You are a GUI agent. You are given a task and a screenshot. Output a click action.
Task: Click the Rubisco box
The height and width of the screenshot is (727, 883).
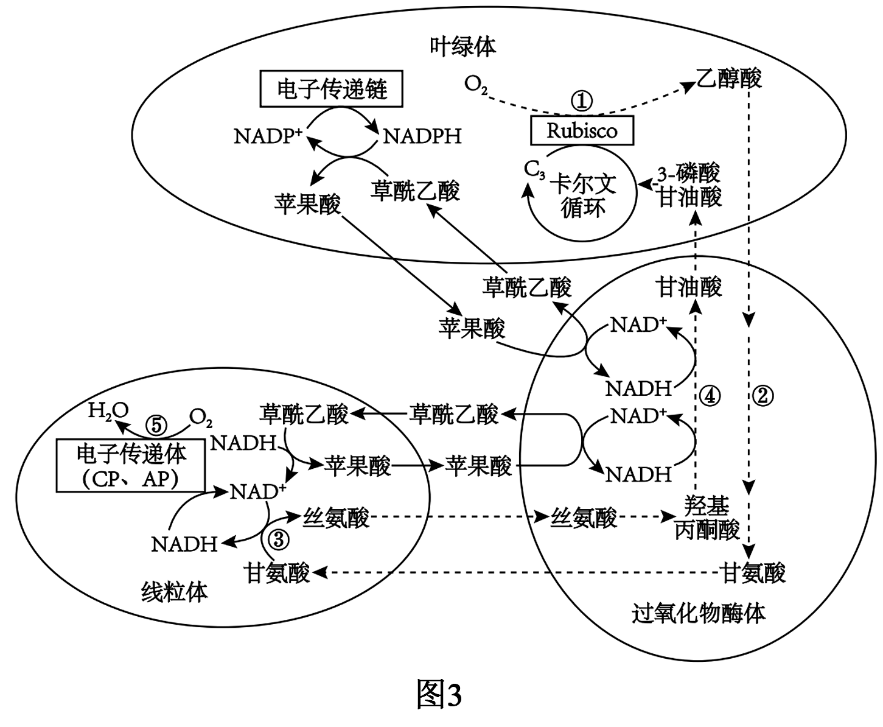click(582, 130)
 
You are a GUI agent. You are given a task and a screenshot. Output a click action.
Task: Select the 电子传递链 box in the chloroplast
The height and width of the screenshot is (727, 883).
click(332, 90)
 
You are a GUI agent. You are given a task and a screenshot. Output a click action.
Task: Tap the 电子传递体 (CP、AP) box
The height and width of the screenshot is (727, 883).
click(130, 466)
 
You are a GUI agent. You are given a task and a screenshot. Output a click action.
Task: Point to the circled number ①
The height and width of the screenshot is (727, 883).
click(582, 100)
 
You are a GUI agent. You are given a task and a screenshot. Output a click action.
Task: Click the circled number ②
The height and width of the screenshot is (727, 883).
click(763, 396)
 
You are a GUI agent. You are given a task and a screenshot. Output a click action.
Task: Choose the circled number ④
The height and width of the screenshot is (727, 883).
click(710, 396)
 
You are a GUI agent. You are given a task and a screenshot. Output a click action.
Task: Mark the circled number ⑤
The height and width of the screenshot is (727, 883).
click(156, 424)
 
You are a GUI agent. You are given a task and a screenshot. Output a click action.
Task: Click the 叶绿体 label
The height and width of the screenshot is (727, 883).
click(462, 46)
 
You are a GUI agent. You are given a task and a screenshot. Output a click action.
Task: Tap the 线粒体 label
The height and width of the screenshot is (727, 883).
click(174, 591)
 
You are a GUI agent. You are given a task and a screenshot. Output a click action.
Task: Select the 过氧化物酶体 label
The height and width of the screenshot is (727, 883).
click(698, 613)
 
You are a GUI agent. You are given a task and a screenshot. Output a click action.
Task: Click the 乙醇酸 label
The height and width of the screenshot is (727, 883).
click(728, 78)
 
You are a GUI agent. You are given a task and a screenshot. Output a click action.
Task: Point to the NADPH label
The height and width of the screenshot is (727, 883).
click(422, 136)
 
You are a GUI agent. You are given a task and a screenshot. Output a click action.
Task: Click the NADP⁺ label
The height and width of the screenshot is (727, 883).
click(268, 136)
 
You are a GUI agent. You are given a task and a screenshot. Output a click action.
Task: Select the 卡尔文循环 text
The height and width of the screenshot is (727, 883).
click(582, 196)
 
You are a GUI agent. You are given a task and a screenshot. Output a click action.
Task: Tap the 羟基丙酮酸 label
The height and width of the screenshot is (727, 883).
click(707, 518)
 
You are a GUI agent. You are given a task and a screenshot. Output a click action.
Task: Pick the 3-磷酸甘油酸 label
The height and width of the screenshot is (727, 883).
click(689, 184)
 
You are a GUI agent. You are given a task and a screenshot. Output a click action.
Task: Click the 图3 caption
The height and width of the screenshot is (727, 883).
click(439, 695)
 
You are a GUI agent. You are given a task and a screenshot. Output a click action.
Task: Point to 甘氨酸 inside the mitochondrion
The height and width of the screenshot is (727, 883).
click(277, 572)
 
